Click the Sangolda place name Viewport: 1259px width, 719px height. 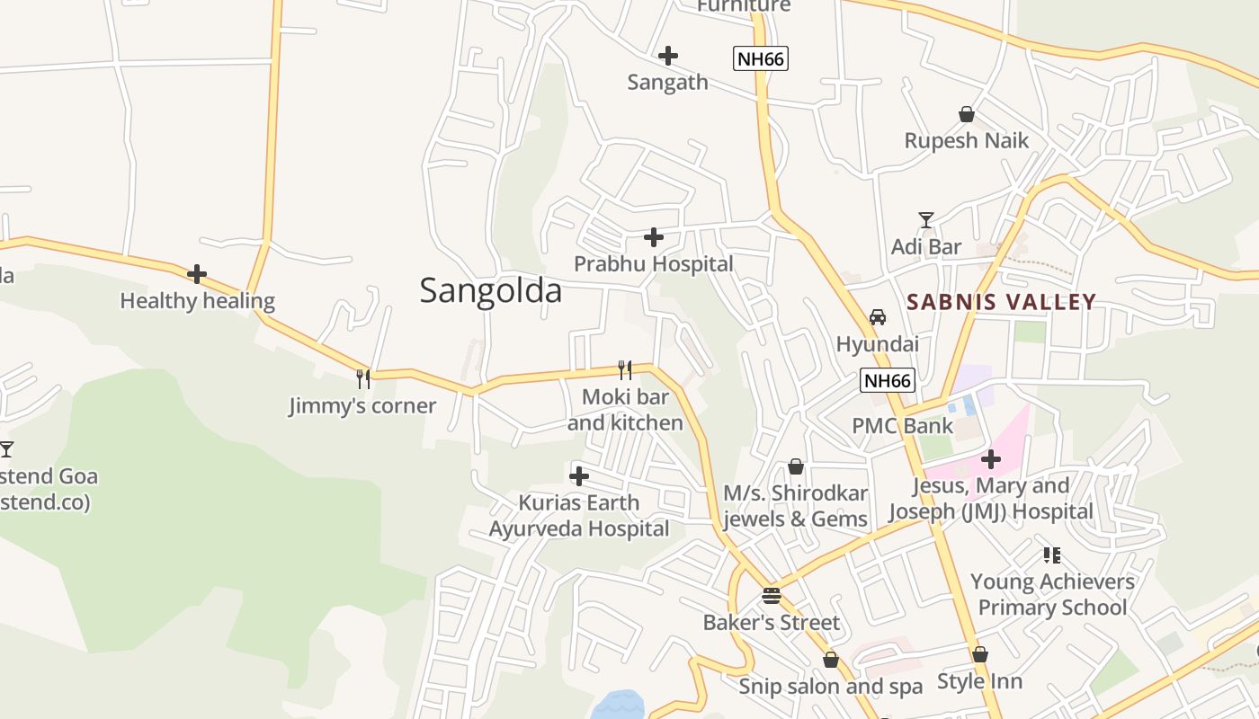tap(491, 290)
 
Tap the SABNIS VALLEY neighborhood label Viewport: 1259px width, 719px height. tap(1001, 302)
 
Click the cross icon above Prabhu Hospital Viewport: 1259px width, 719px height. tap(654, 237)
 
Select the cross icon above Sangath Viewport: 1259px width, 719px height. tap(667, 56)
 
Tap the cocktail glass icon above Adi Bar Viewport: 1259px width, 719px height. tap(925, 219)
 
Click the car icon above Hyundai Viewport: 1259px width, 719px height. tap(877, 317)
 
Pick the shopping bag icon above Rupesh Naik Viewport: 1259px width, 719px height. tap(966, 114)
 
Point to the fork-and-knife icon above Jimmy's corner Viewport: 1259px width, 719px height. tap(363, 378)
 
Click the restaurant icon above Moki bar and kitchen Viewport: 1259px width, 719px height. tap(624, 369)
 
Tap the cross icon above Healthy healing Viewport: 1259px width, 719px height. tap(197, 274)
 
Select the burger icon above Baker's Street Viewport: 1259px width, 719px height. tap(771, 595)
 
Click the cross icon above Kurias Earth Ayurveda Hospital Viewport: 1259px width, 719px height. tap(579, 475)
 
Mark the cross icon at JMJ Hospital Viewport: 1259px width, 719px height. tap(990, 459)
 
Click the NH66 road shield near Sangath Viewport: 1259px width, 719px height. tap(760, 59)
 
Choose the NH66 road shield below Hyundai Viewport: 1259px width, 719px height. tap(887, 380)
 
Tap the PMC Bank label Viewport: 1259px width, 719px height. tap(902, 425)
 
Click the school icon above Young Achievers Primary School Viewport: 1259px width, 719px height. tap(1051, 555)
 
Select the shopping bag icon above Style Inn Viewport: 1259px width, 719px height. tap(979, 654)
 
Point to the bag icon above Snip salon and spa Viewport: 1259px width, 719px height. tap(830, 660)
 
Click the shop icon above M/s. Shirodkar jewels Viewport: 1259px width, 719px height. tap(795, 466)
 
